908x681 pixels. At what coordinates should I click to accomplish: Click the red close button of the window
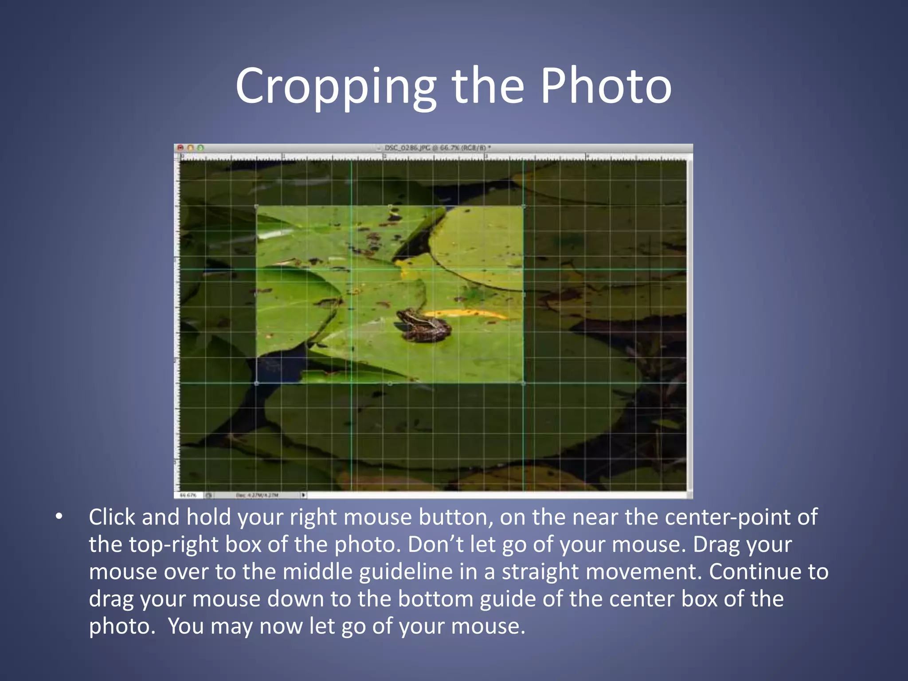click(x=180, y=148)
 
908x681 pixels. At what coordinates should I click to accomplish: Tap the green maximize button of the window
click(x=200, y=148)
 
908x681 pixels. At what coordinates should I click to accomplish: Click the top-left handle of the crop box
click(x=257, y=207)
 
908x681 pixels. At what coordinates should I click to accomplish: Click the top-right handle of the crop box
click(x=524, y=207)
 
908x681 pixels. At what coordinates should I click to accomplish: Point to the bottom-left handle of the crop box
click(x=257, y=383)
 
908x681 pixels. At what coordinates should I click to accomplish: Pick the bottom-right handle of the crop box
click(x=524, y=383)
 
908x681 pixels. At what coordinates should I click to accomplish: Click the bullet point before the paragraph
click(x=59, y=517)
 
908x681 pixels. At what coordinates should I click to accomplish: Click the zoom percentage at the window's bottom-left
click(x=188, y=495)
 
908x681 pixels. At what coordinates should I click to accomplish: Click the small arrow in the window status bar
click(x=303, y=495)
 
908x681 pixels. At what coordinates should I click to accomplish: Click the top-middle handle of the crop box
click(x=390, y=207)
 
